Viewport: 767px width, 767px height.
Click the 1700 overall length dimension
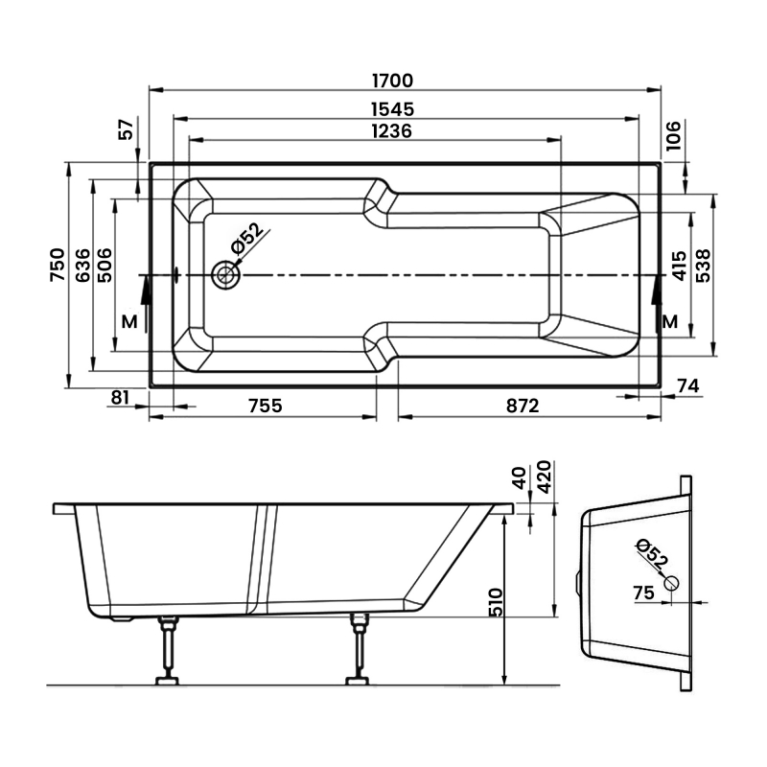(x=392, y=81)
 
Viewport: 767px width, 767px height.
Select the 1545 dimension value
(x=392, y=109)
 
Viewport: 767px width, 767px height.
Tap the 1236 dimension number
(x=392, y=131)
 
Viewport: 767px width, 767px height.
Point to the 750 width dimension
(x=58, y=265)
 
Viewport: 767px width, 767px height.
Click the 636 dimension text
(x=83, y=266)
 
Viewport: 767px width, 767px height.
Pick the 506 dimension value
(x=105, y=266)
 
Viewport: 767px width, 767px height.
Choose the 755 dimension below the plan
(x=266, y=406)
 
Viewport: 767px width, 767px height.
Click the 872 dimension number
(x=523, y=406)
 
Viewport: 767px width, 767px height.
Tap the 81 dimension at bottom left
(x=121, y=397)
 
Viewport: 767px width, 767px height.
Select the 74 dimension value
(x=688, y=386)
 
